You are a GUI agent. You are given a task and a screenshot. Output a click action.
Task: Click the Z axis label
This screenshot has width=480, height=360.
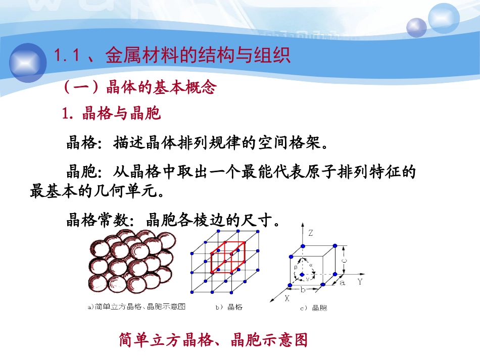tap(311, 233)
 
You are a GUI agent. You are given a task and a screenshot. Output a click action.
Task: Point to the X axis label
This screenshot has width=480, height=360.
tap(286, 298)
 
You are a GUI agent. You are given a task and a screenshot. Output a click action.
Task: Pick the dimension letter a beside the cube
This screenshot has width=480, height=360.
tap(343, 283)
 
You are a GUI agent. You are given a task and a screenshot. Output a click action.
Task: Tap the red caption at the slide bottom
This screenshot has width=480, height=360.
tap(213, 340)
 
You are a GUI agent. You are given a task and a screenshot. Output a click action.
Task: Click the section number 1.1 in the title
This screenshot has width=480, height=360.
tap(67, 56)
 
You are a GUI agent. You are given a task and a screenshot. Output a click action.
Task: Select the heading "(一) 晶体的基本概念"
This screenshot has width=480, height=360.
tap(139, 88)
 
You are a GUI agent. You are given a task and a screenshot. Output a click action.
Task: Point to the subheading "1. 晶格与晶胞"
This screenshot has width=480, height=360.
tap(111, 114)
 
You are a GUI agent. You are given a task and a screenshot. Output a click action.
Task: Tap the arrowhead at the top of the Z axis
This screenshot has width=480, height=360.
tap(303, 224)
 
